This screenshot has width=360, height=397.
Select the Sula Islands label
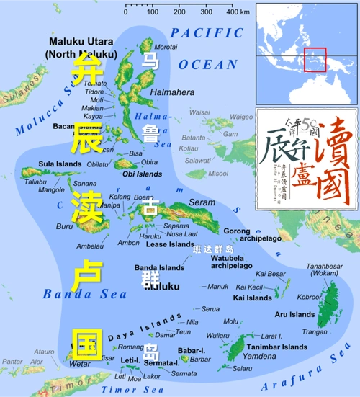point(40,164)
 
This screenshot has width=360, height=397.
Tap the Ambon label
point(129,243)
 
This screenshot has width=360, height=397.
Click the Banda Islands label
point(160,269)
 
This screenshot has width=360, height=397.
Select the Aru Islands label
point(295,314)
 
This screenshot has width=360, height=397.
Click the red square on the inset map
point(315,59)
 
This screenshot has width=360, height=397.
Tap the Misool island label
point(217,174)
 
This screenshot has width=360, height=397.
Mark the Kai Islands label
point(252,298)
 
